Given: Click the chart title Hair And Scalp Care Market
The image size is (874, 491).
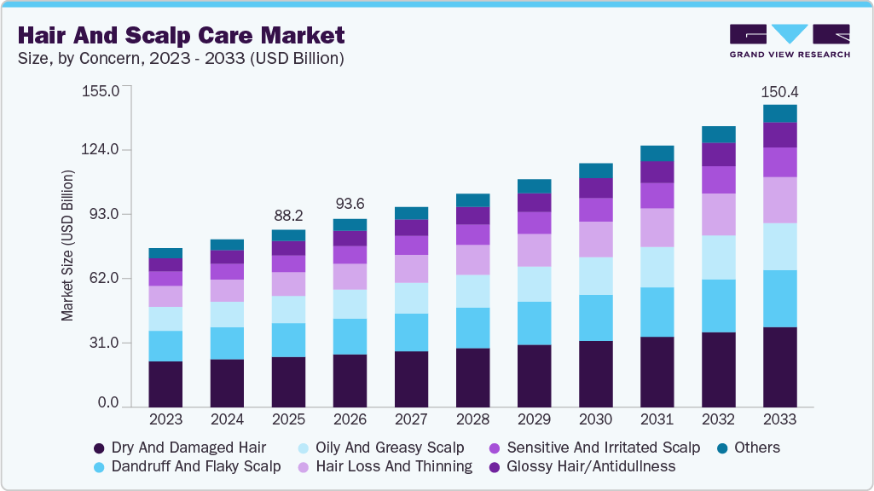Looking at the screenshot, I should (x=181, y=35).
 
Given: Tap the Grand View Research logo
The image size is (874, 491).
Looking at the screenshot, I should (x=789, y=41).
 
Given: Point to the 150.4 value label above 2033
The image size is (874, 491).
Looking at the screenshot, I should (x=779, y=91).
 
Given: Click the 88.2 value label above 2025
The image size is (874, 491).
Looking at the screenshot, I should (x=288, y=216).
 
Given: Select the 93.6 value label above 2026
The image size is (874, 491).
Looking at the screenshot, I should (x=350, y=205).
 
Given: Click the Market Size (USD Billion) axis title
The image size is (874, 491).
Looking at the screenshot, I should (x=67, y=245).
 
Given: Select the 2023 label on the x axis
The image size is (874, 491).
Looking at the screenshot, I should (x=165, y=419).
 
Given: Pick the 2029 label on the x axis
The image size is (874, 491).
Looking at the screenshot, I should (x=534, y=419).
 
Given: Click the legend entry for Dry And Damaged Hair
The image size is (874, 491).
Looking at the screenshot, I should (x=179, y=448).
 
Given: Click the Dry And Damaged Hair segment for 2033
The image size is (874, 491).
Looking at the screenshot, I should (x=779, y=367).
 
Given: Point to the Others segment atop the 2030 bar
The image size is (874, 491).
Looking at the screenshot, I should (x=595, y=170).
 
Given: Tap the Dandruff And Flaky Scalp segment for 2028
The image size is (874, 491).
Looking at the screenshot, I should (x=472, y=327).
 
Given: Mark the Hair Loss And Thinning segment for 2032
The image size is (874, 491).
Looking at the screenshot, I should (x=718, y=214).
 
